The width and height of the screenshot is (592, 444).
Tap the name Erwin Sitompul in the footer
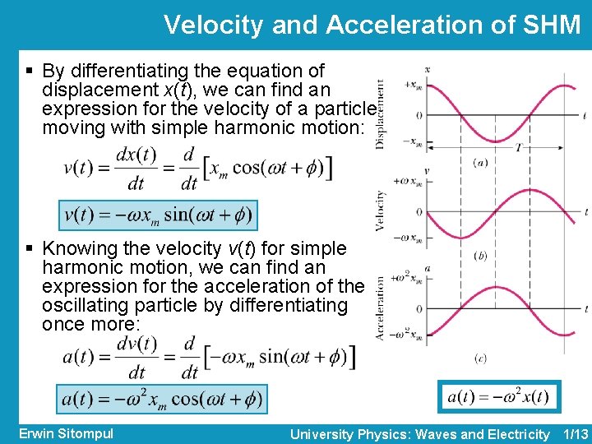pyautogui.click(x=65, y=433)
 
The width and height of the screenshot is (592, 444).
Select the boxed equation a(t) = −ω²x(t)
pyautogui.click(x=498, y=398)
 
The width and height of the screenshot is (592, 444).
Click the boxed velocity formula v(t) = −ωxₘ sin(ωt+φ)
pyautogui.click(x=159, y=215)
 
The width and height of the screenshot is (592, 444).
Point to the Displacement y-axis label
pyautogui.click(x=380, y=113)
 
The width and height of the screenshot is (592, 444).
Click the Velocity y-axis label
pyautogui.click(x=380, y=210)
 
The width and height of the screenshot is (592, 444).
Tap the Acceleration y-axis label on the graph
pyautogui.click(x=380, y=308)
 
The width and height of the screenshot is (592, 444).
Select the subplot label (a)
pyautogui.click(x=480, y=163)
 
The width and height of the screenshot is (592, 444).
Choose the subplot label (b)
pyautogui.click(x=480, y=257)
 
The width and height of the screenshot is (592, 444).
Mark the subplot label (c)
pyautogui.click(x=480, y=358)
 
